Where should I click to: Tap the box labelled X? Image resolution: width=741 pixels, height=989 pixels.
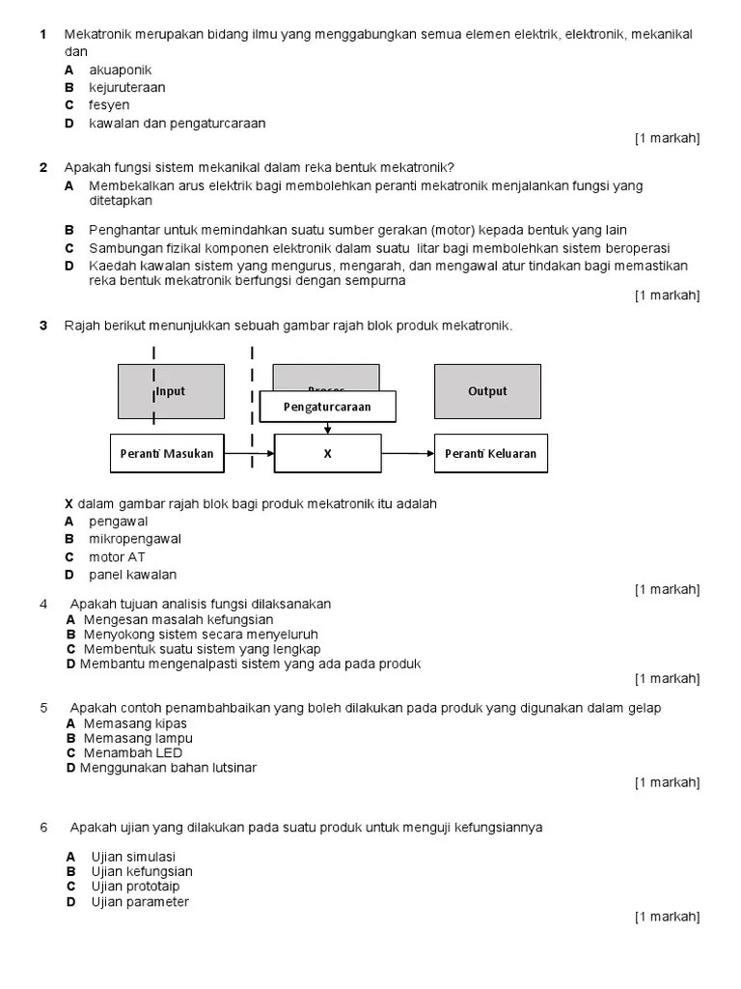point(327,453)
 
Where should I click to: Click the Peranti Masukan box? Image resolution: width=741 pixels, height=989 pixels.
point(167,453)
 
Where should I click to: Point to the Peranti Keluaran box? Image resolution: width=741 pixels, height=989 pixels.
point(491,453)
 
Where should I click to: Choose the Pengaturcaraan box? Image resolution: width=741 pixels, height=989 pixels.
point(327,407)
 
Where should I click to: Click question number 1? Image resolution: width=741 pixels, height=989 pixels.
point(43,35)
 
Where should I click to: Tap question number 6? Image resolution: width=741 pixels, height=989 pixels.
point(43,828)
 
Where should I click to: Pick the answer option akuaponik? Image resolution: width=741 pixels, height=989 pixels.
point(121,71)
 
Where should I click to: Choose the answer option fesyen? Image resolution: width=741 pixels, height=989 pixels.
point(109,105)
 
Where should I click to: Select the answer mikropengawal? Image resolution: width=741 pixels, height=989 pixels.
point(135,539)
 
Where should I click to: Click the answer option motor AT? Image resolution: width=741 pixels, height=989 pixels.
point(118,557)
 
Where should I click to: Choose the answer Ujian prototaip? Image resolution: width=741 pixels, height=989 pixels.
point(135,887)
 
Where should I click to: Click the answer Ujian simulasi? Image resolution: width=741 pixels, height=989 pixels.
point(133,857)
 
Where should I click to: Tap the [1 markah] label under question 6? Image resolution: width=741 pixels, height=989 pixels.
point(667,917)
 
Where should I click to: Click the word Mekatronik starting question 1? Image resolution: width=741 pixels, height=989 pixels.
point(97,35)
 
